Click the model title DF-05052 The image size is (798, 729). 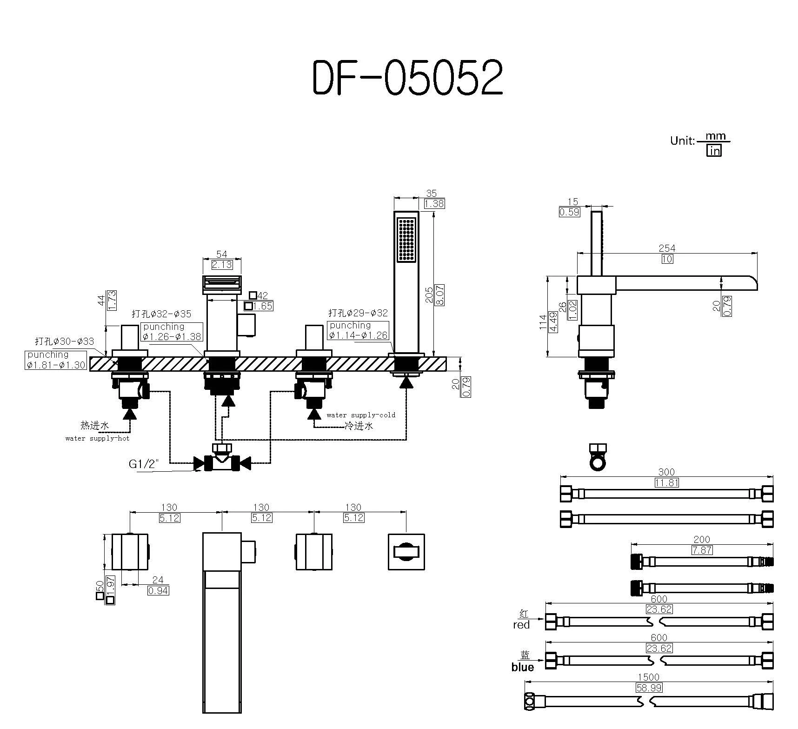coord(407,78)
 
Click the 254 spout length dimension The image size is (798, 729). coord(666,248)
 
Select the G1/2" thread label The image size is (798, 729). coord(144,464)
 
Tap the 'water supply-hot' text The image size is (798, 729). coord(97,438)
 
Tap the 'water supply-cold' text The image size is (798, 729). coord(360,415)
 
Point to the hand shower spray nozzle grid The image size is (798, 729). coord(406,240)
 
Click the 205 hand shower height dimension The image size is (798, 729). coord(429,295)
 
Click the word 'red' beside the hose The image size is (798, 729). coord(521,625)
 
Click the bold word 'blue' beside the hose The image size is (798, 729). coord(522,667)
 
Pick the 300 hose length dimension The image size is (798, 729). coord(666,472)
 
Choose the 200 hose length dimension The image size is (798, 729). coord(701,540)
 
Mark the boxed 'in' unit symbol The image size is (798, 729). coord(714,151)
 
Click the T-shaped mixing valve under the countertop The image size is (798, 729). coord(222,460)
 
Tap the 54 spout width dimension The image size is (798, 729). coord(222,254)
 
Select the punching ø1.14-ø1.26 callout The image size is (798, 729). coord(357,330)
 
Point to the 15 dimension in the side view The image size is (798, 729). coord(572,202)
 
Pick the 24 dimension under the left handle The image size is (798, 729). coord(158,580)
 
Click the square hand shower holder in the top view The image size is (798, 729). coord(406,551)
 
